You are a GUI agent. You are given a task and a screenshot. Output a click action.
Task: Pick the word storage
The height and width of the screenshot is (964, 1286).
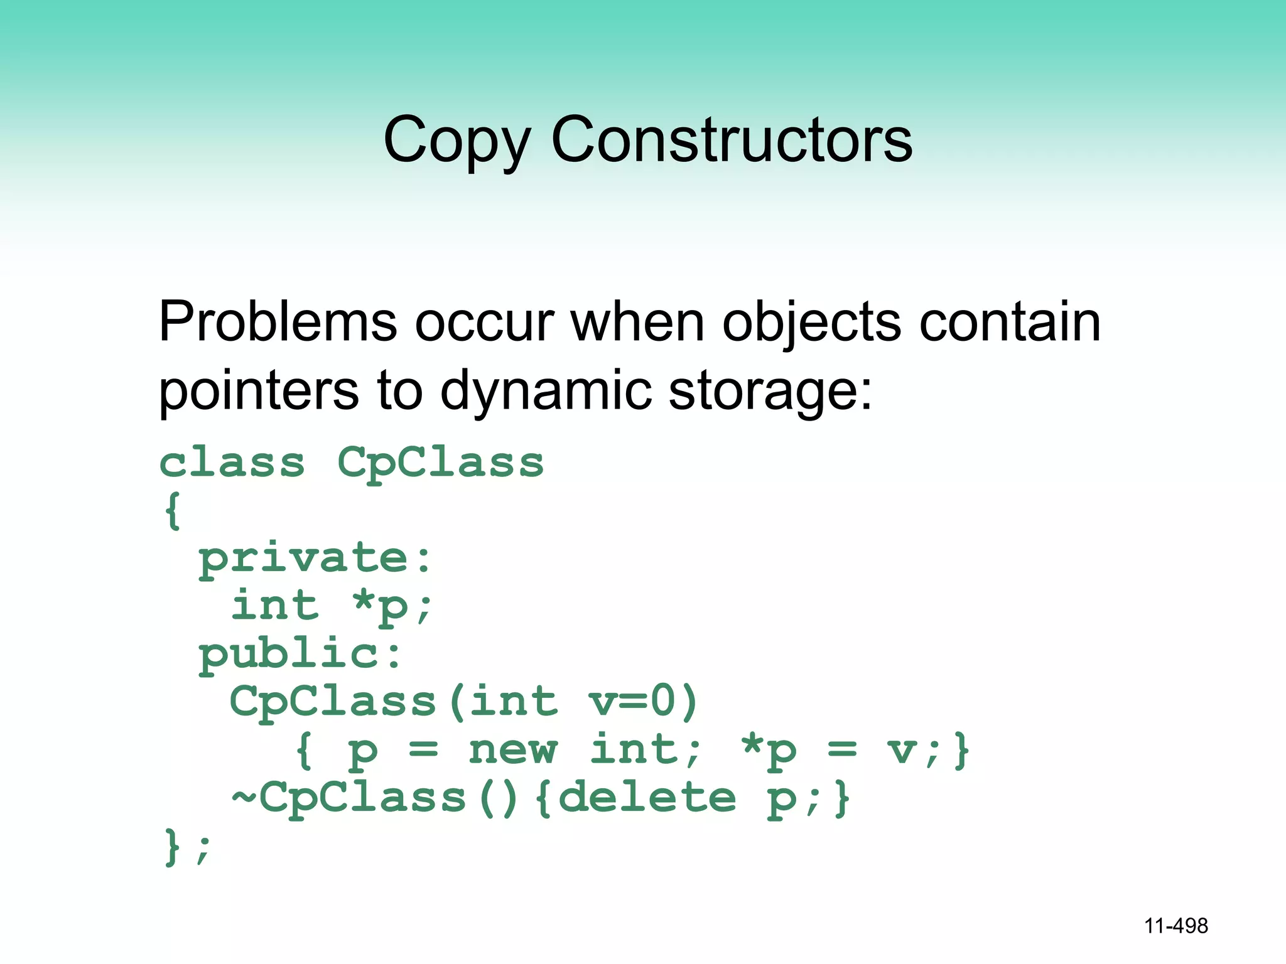(x=770, y=390)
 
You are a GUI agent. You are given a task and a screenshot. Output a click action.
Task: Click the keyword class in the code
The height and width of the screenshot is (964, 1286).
(x=232, y=463)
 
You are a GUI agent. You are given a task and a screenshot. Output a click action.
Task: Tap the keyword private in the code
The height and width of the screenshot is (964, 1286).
(x=304, y=558)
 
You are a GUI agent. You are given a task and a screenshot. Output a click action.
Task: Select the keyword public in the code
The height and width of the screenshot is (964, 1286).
(x=289, y=654)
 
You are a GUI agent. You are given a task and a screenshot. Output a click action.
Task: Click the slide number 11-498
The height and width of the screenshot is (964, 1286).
(x=1175, y=926)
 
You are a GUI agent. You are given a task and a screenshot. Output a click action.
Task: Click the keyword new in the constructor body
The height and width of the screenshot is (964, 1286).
(x=512, y=750)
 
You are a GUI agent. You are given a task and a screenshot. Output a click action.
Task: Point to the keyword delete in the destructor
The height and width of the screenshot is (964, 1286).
(x=647, y=798)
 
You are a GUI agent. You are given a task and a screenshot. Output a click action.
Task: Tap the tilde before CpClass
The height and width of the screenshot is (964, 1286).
(x=244, y=798)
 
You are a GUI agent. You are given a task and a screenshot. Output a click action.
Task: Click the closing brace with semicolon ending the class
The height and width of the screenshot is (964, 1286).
(x=187, y=847)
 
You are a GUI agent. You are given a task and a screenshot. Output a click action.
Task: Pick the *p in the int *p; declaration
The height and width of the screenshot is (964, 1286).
(x=381, y=606)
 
